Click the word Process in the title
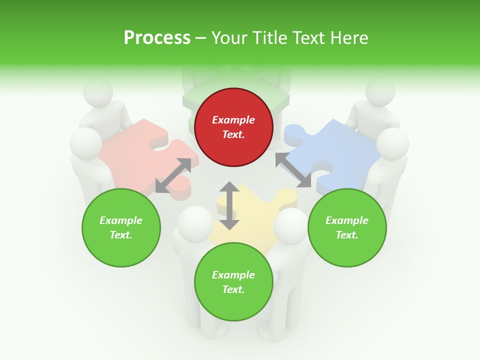point(157,38)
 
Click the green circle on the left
point(121,227)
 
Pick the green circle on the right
point(347,227)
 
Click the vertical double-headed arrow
point(229,205)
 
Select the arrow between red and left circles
point(173,175)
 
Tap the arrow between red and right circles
point(293,170)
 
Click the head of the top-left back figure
point(97,92)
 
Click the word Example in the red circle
point(233,120)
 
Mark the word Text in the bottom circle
point(232,289)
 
